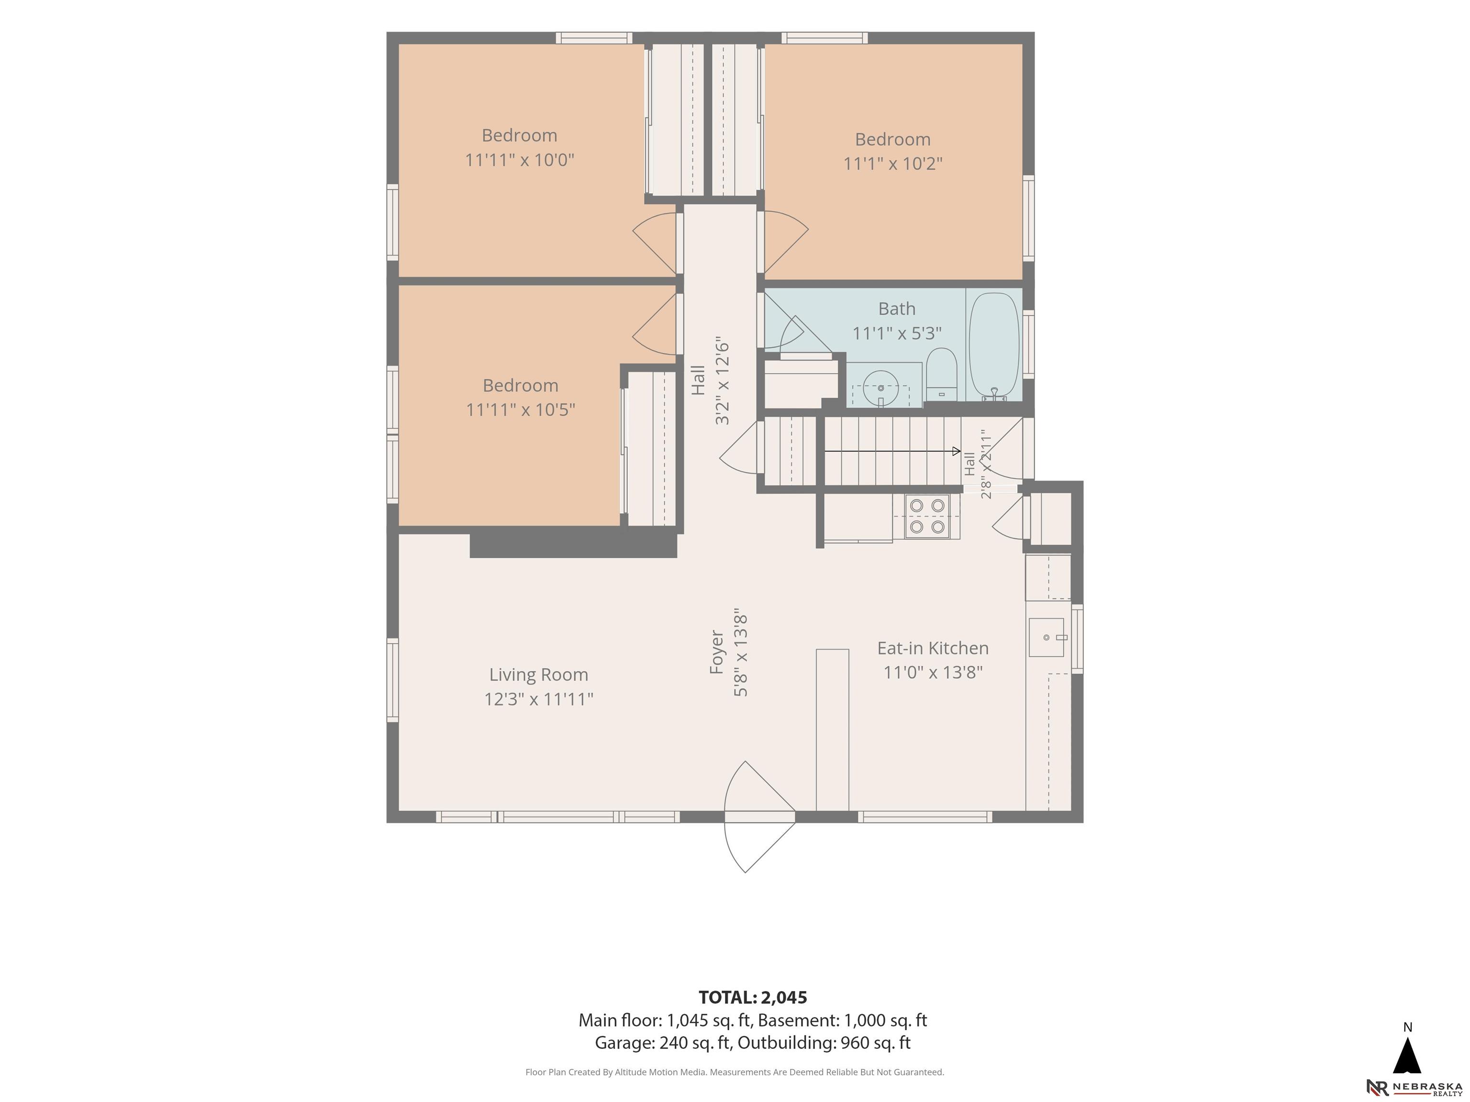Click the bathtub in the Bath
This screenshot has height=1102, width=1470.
(993, 346)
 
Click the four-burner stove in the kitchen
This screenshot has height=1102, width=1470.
(927, 516)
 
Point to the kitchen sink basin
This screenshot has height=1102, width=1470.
(1046, 637)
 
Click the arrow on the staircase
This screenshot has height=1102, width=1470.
(892, 451)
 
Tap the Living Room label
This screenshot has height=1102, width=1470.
(539, 674)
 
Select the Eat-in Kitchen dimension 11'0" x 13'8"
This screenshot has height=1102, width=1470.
(933, 672)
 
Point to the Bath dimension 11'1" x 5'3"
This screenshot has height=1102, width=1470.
(897, 333)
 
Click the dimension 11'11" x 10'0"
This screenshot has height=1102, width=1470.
(520, 160)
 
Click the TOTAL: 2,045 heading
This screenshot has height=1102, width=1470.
(753, 997)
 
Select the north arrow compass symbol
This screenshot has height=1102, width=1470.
(1407, 1056)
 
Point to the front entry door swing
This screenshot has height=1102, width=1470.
(759, 816)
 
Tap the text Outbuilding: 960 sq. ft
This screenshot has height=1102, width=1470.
(824, 1042)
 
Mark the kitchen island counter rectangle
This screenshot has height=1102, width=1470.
(832, 730)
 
